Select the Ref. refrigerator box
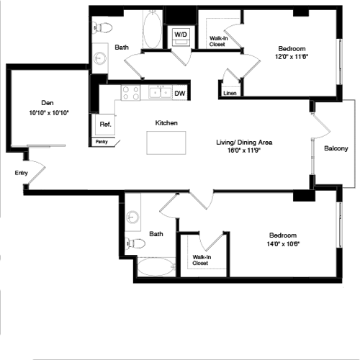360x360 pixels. point(104,125)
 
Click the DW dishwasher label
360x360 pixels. point(180,93)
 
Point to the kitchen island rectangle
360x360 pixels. point(166,143)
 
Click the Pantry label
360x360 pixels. point(102,142)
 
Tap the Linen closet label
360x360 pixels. point(230,93)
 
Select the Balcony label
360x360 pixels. point(336,149)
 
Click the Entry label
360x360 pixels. point(21,173)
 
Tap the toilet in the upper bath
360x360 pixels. point(102,27)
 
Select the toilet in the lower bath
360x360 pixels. point(135,243)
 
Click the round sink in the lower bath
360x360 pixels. point(133,216)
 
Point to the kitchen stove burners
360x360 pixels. point(130,92)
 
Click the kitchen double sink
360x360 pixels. point(159,92)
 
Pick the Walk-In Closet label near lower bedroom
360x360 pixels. point(202,260)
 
